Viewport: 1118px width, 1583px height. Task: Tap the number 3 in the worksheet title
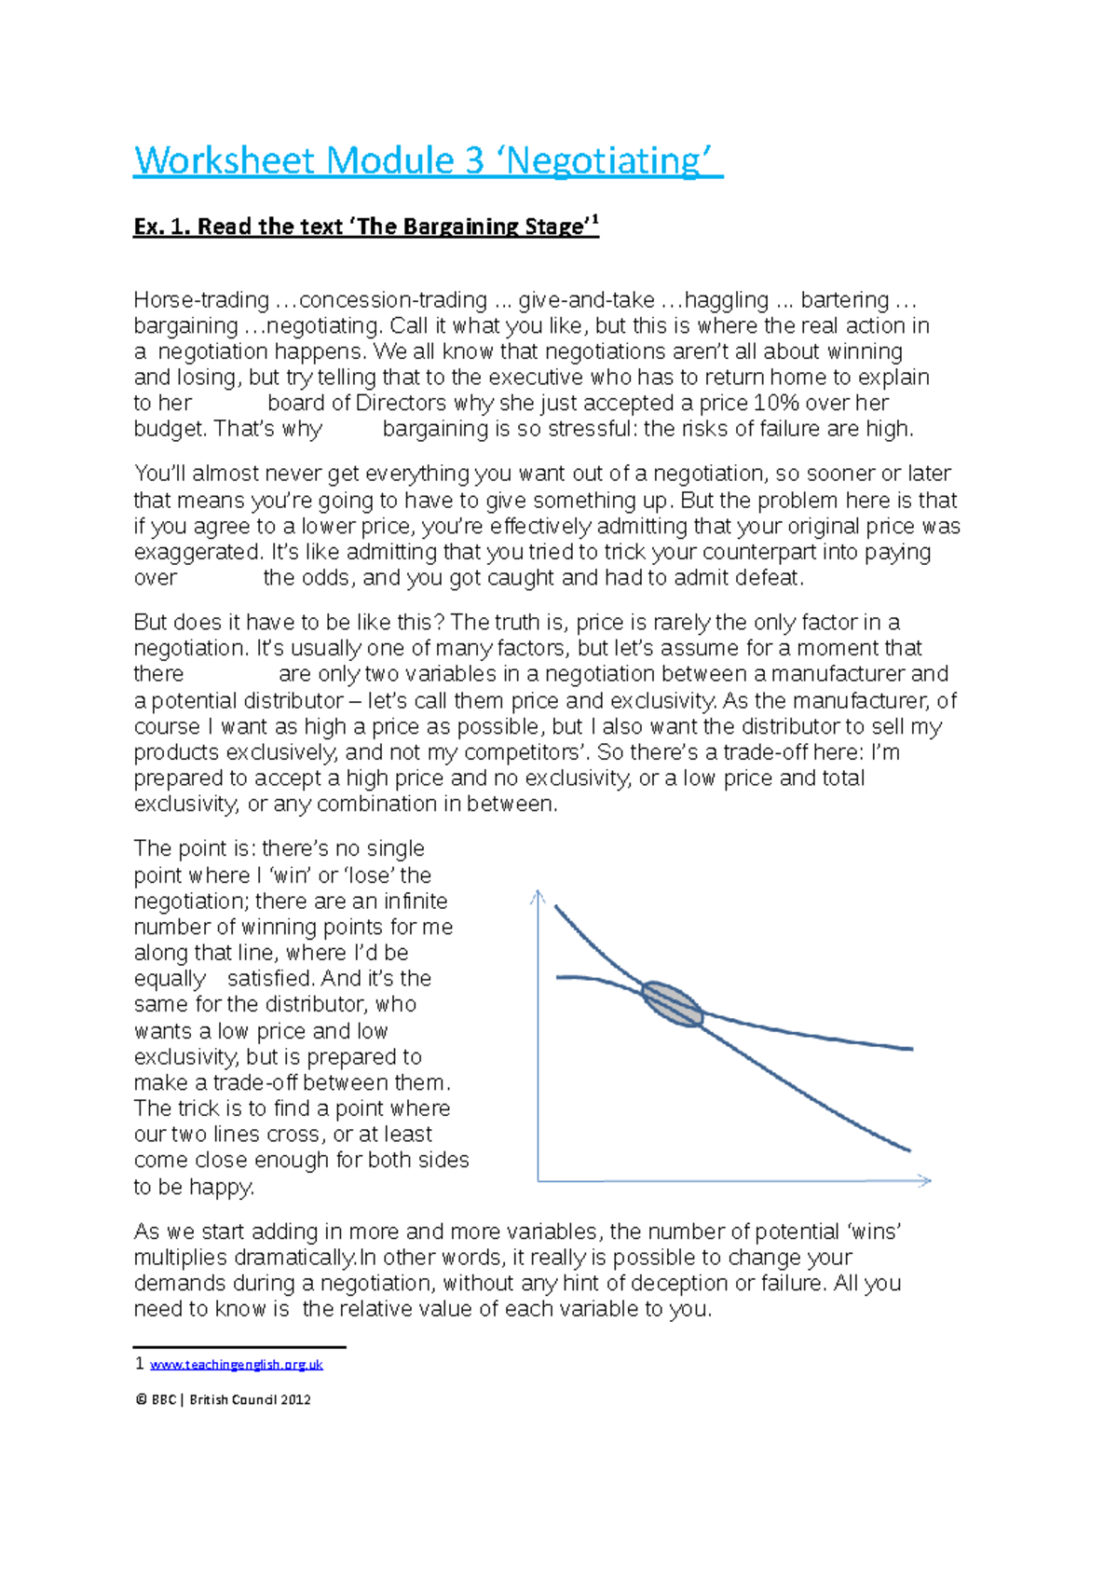[474, 161]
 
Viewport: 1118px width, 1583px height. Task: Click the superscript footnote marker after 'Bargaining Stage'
[594, 220]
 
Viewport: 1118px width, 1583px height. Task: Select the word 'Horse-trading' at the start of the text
[201, 300]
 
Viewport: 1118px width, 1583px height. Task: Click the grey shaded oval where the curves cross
[672, 1004]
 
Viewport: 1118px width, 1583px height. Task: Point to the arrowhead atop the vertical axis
[538, 897]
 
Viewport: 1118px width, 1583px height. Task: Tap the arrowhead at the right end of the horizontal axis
[924, 1180]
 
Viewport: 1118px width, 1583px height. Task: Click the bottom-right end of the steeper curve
[907, 1149]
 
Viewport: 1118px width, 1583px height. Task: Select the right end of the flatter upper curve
[910, 1049]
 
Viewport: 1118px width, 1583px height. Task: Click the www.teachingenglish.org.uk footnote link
[236, 1364]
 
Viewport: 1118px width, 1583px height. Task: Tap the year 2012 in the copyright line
[295, 1399]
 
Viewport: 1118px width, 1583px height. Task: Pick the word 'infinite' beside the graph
[415, 902]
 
